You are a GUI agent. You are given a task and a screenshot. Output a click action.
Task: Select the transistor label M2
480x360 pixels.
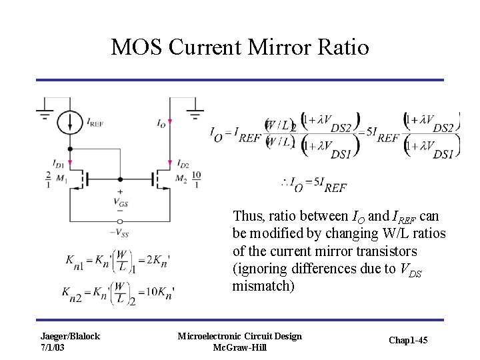click(181, 179)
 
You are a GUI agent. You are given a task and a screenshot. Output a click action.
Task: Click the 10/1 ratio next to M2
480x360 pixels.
click(196, 179)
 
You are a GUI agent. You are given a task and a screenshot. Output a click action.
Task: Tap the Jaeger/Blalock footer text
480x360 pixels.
click(69, 336)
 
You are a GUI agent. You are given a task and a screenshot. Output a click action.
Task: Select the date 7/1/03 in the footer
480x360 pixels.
click(53, 347)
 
